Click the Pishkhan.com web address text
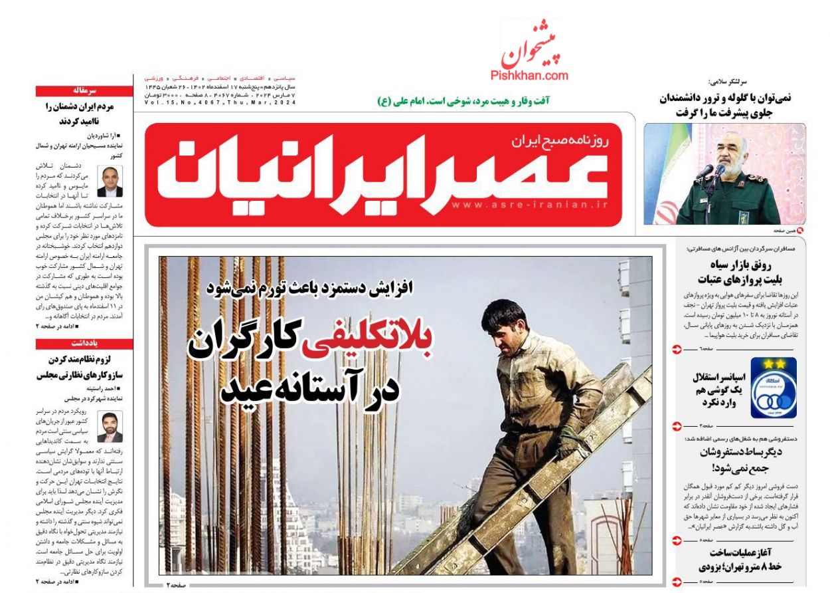529,76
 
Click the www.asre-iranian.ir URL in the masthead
529,205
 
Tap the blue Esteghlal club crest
773,388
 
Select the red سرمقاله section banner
84,91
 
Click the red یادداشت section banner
84,344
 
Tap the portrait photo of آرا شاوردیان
110,181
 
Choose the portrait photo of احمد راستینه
110,427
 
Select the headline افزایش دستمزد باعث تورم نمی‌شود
309,288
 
